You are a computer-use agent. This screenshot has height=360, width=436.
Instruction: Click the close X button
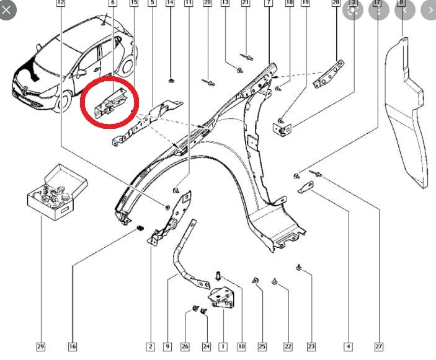[x=8, y=9]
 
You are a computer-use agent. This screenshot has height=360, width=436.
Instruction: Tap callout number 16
[x=73, y=346]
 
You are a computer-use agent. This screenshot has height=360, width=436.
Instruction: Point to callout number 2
[x=150, y=346]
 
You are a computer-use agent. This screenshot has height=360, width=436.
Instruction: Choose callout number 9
[x=167, y=346]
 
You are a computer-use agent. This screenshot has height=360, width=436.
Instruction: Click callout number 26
[x=185, y=346]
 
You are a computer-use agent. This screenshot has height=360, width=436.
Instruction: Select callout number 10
[x=241, y=346]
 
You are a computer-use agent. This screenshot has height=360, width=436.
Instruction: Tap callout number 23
[x=311, y=346]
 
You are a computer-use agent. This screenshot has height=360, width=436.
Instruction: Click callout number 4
[x=349, y=346]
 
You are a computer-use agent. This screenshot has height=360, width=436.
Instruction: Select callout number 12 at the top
[x=60, y=3]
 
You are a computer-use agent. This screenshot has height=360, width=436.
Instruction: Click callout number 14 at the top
[x=170, y=3]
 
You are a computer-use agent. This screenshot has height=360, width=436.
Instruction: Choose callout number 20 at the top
[x=207, y=3]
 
